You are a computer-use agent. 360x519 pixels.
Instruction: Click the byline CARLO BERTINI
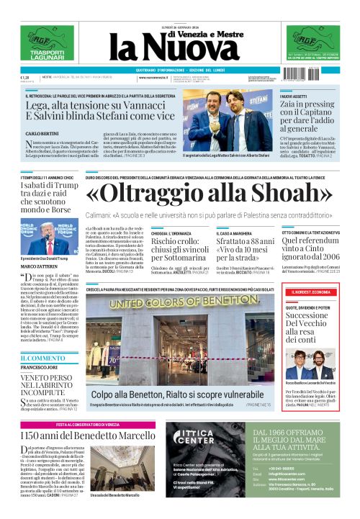pyautogui.click(x=42, y=134)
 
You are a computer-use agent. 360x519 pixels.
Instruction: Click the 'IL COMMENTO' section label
pyautogui.click(x=42, y=358)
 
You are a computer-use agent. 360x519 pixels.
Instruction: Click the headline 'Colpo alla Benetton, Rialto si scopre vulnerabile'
pyautogui.click(x=177, y=395)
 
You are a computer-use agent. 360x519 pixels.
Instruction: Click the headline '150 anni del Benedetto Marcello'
pyautogui.click(x=87, y=435)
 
